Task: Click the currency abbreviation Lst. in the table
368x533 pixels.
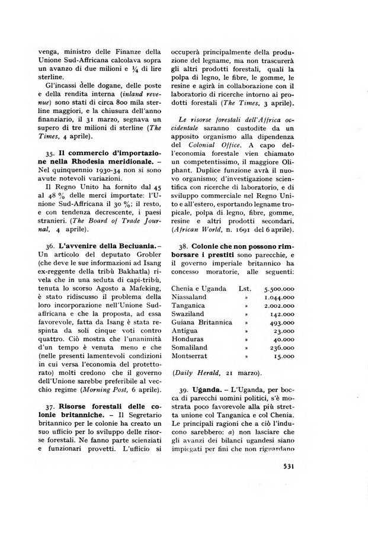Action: (x=244, y=288)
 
